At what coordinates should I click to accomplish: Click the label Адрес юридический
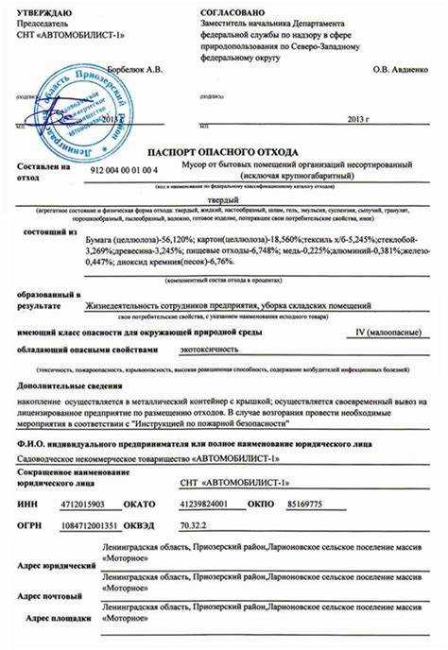coord(56,565)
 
